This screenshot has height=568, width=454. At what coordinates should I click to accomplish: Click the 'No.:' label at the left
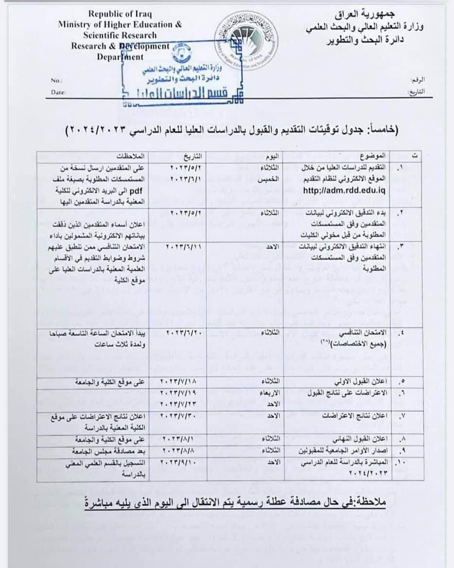[x=56, y=80]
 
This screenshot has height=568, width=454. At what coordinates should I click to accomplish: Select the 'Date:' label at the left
[x=58, y=91]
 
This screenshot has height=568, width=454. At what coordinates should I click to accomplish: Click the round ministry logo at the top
[x=245, y=39]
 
